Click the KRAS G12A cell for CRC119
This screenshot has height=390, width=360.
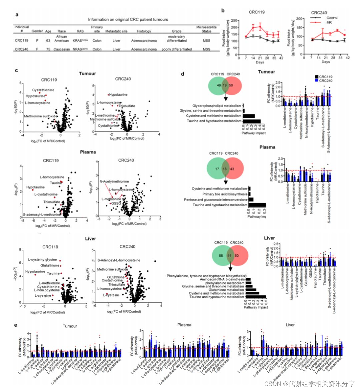point(80,41)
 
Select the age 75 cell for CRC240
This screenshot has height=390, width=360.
point(48,49)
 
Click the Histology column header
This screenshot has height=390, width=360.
point(144,31)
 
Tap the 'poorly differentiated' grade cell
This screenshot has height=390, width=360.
point(177,49)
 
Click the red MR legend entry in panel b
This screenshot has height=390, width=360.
point(328,22)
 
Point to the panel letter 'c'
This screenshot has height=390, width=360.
point(16,71)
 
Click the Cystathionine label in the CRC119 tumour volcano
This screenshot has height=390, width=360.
point(43,90)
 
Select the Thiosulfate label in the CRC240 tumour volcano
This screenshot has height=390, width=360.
point(127,106)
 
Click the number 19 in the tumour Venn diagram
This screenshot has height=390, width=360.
point(224,86)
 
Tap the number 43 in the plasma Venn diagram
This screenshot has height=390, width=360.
point(232,169)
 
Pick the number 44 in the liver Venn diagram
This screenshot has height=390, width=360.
point(229,255)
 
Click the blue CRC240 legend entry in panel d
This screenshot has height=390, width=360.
point(325,81)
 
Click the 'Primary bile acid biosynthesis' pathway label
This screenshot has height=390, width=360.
point(225,194)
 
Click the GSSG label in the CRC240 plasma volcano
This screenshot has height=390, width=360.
point(116,203)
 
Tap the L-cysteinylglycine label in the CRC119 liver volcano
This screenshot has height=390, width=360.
point(42,260)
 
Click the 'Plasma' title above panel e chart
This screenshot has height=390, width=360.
point(184,325)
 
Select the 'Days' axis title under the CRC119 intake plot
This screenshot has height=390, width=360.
point(260,62)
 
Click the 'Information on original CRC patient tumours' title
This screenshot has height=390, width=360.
point(128,20)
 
